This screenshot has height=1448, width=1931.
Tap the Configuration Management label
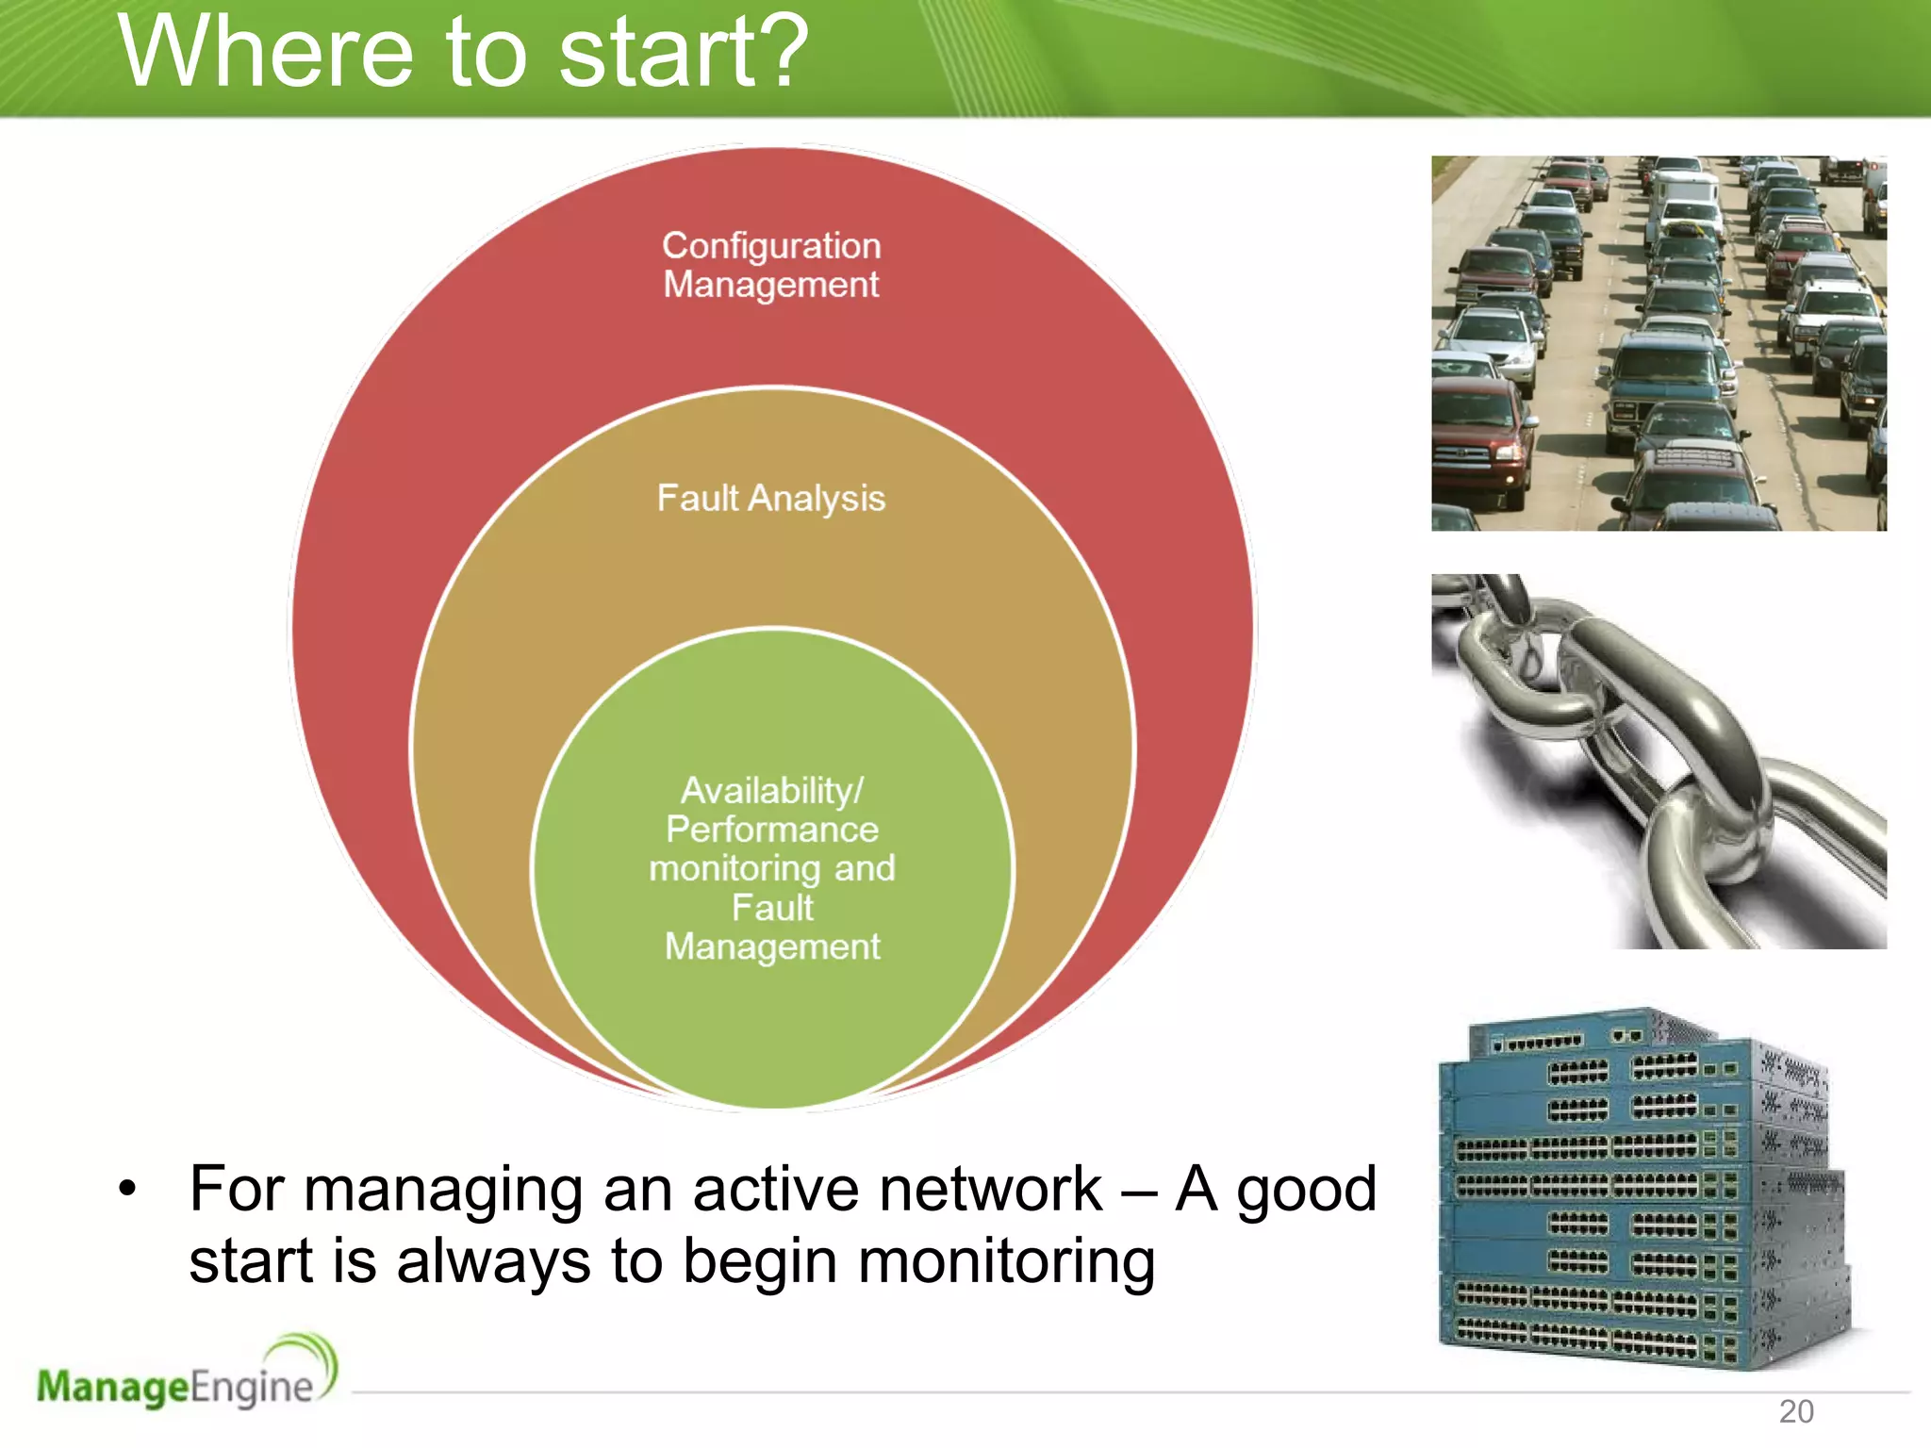click(x=771, y=265)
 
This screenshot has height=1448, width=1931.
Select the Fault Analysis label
click(x=771, y=498)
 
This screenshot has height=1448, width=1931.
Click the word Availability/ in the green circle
click(x=771, y=790)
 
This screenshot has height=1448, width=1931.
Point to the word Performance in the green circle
click(x=771, y=830)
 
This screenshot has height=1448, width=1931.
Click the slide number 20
click(x=1795, y=1411)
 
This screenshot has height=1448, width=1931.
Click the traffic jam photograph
click(x=1659, y=343)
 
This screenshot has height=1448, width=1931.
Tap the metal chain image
click(x=1659, y=761)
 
